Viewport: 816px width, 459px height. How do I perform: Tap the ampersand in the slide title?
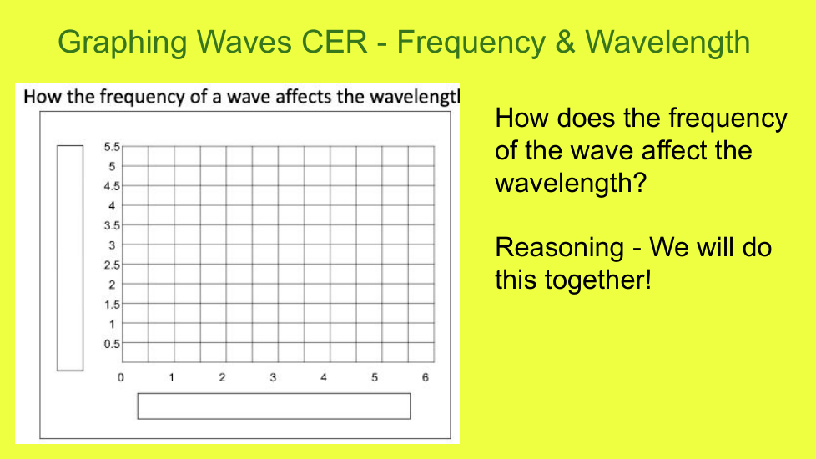tap(565, 42)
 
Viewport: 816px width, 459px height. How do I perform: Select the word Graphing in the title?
tap(123, 43)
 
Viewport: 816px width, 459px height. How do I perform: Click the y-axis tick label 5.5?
tap(111, 147)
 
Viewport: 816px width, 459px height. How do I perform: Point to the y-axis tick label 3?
tap(112, 245)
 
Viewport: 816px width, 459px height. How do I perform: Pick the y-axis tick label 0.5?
tap(111, 344)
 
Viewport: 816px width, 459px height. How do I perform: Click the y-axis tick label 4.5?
tap(111, 186)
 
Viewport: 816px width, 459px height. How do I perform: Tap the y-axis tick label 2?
tap(112, 285)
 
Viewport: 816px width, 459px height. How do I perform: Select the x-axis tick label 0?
tap(121, 377)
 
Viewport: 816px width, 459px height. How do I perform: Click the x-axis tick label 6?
tap(426, 377)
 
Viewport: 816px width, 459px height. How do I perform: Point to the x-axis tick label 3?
tap(273, 377)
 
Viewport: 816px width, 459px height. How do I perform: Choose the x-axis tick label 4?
tap(324, 377)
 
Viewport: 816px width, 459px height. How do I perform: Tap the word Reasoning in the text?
tap(560, 248)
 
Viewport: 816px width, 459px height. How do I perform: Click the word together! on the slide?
tap(598, 280)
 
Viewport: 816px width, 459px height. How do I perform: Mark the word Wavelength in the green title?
tap(667, 43)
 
